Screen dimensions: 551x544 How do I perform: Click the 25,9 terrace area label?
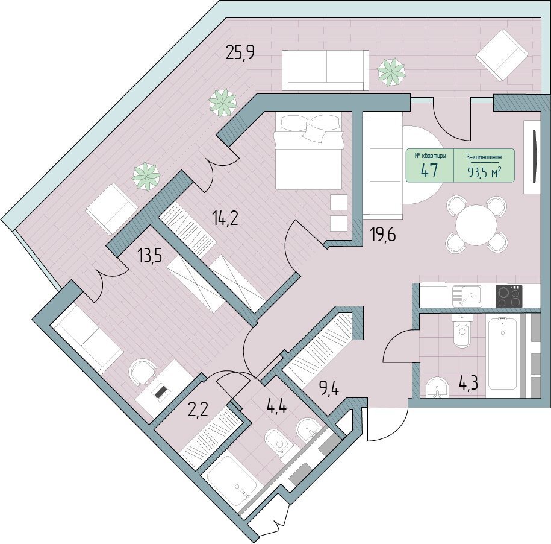[x=240, y=54]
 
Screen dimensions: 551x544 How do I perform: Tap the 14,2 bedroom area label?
[x=225, y=219]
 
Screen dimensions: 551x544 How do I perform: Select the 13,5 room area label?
[x=150, y=257]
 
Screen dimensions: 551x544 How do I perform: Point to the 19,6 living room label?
[x=382, y=235]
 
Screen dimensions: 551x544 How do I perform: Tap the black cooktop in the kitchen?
[x=509, y=296]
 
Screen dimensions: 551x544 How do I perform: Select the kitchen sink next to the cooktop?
[x=467, y=296]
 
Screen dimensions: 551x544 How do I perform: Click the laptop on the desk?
[x=161, y=392]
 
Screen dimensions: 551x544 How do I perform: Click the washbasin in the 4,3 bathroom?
[x=437, y=387]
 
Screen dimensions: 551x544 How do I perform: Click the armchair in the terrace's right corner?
[x=502, y=54]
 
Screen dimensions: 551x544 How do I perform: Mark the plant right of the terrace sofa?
[x=391, y=72]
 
